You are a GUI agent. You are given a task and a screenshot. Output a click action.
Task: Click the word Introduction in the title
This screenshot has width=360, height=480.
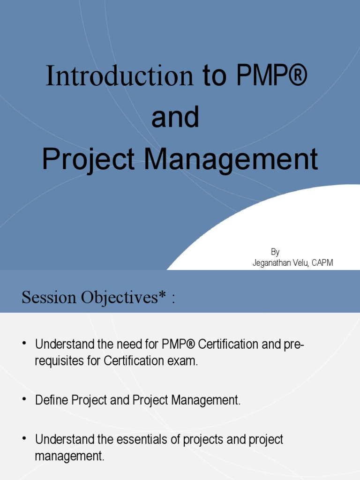click(120, 76)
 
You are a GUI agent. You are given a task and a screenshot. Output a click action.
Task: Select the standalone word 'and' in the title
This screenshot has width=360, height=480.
click(175, 118)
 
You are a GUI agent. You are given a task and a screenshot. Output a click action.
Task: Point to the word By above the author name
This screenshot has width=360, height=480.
click(275, 252)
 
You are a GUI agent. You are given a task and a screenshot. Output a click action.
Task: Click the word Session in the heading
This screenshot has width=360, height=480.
click(49, 297)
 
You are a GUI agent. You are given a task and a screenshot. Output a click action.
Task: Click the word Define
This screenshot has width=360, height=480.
click(52, 400)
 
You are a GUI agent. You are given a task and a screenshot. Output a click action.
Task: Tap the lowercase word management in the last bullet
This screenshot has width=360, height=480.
click(69, 456)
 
